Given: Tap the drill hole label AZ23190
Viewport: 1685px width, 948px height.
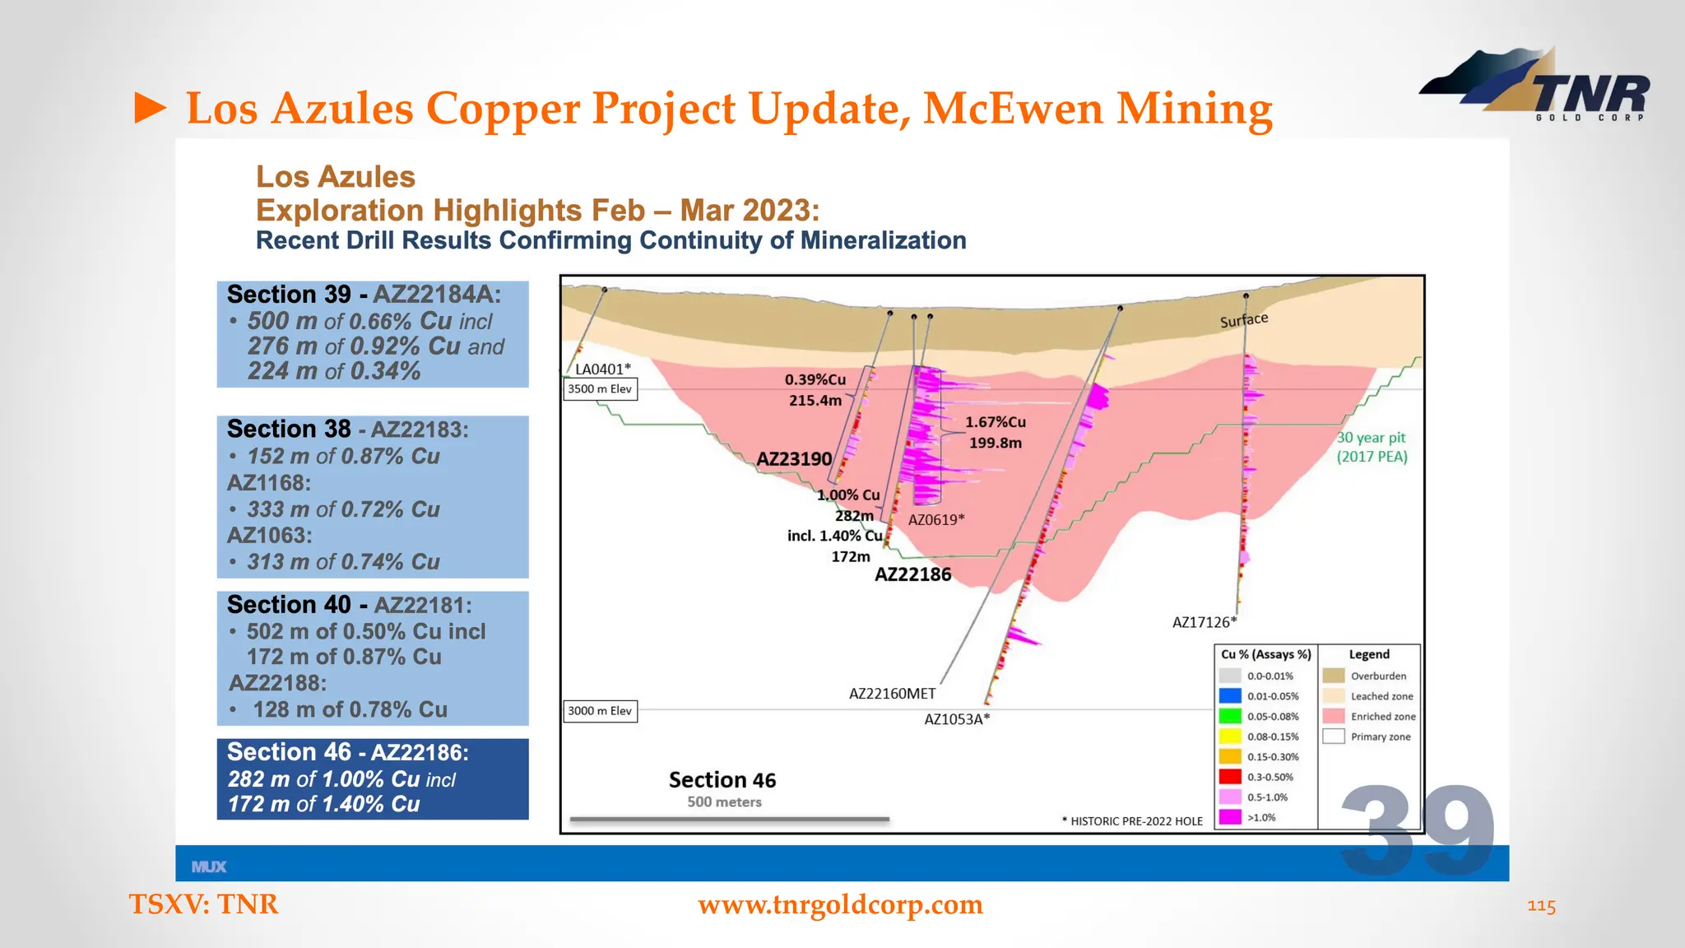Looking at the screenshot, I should click(794, 459).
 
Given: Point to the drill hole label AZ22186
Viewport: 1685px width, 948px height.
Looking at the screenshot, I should click(912, 574).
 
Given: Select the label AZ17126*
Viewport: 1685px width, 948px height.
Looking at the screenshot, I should click(1204, 623).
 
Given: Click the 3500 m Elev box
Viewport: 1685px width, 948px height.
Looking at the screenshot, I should click(600, 389).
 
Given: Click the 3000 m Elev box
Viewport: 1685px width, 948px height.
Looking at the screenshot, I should click(600, 711).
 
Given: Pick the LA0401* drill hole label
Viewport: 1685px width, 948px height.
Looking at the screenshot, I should click(602, 369).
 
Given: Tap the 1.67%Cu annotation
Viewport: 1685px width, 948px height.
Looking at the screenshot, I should click(995, 422).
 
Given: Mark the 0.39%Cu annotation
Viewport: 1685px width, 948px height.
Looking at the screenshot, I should click(815, 379).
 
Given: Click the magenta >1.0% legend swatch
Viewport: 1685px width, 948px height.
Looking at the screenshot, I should click(1230, 817).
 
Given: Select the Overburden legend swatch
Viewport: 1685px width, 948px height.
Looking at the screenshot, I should click(1334, 676).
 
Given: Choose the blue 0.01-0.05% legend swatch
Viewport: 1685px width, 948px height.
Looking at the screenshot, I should click(1230, 696).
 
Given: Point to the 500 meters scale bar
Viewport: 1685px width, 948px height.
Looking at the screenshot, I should click(729, 820).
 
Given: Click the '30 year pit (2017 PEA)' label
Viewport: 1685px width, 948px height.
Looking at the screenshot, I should click(1372, 448).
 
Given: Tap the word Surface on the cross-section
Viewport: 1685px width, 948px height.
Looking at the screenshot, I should click(1243, 320).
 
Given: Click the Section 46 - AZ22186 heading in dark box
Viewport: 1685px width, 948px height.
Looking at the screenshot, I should click(347, 752).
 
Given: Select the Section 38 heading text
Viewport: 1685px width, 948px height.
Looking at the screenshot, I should click(289, 429).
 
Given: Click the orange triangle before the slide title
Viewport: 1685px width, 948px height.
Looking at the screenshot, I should click(151, 109).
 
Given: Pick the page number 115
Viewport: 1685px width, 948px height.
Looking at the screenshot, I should click(1541, 906).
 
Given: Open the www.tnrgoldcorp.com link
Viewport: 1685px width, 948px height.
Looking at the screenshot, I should click(840, 904).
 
